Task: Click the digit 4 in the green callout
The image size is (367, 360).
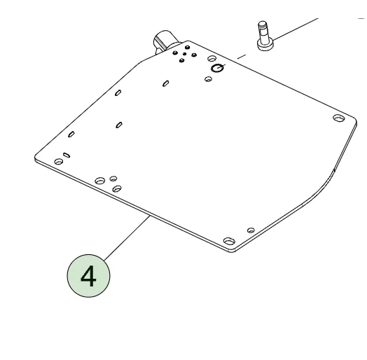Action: (x=88, y=276)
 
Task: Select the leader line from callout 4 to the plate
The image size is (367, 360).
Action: (x=126, y=238)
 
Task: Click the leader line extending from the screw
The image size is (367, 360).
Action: (x=296, y=29)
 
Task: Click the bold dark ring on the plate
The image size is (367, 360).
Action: (x=217, y=68)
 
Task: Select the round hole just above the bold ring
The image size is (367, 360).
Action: (x=212, y=58)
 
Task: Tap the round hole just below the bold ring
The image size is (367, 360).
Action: (x=208, y=79)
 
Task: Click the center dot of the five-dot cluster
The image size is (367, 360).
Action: (x=185, y=54)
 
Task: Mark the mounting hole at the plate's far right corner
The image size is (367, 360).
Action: (x=339, y=118)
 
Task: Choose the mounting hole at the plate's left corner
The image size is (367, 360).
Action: (x=59, y=161)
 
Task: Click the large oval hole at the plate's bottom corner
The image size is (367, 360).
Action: (x=229, y=241)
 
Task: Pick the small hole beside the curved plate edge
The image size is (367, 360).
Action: (x=251, y=230)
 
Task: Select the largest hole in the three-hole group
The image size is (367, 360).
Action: (x=100, y=181)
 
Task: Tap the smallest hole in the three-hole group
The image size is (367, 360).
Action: (x=113, y=179)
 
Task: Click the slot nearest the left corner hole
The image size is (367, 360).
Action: (x=67, y=155)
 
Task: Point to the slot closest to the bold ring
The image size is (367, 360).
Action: (x=166, y=83)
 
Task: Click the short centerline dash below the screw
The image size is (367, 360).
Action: (x=242, y=57)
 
